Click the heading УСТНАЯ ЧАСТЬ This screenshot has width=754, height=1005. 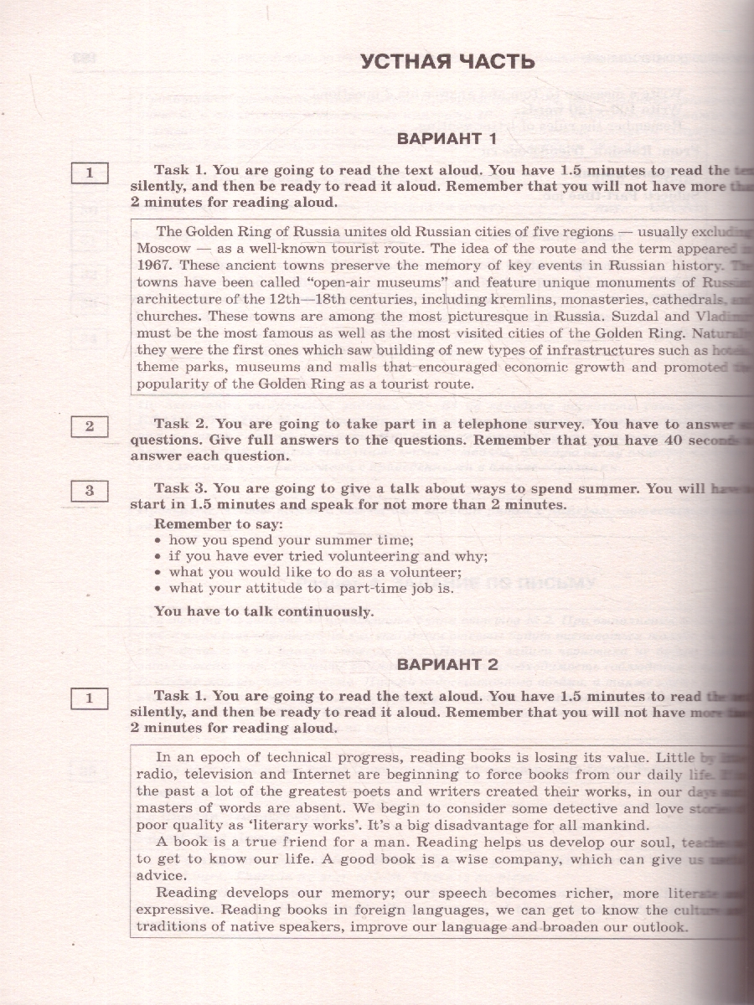447,62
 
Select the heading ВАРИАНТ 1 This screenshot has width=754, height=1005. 447,138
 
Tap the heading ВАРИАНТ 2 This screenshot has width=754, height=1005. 447,665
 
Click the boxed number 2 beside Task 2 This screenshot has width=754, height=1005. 90,426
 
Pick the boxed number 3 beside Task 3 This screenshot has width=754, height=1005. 90,491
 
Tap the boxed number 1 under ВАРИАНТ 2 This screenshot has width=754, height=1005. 90,697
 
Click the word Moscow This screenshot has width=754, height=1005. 163,248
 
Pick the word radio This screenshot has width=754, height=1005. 154,774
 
